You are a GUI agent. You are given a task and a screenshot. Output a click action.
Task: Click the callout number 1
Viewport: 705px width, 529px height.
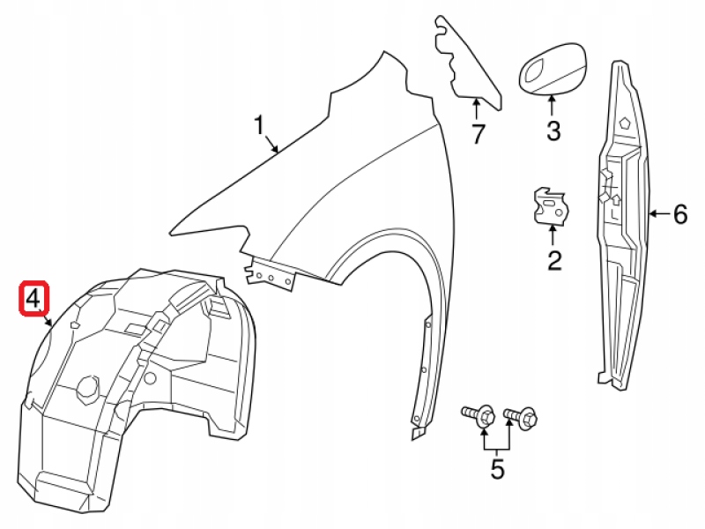(x=260, y=125)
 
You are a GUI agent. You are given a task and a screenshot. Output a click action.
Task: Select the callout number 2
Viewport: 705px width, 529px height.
(x=554, y=260)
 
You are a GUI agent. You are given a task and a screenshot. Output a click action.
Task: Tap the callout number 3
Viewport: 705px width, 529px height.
(x=553, y=132)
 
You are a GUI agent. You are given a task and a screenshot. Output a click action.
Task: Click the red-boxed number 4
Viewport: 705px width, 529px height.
(x=33, y=299)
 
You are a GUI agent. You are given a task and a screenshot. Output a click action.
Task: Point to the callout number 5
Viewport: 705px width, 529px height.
(x=497, y=469)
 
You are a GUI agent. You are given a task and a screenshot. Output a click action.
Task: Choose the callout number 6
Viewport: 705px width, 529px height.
(x=679, y=213)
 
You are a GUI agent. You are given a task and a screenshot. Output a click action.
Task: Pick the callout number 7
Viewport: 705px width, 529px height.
(x=477, y=135)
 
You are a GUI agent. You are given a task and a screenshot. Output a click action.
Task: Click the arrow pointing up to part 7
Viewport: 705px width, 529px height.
(x=476, y=111)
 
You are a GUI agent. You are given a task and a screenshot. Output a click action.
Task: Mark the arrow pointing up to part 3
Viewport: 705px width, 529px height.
(x=553, y=106)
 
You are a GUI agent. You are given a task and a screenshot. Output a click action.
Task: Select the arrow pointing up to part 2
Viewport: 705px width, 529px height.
(x=554, y=236)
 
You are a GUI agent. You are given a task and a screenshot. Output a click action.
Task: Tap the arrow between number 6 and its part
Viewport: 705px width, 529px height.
(x=659, y=213)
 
